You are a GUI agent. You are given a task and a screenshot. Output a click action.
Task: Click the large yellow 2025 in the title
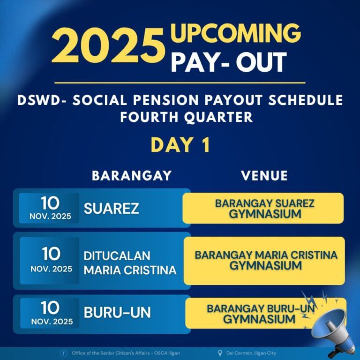pos(107,48)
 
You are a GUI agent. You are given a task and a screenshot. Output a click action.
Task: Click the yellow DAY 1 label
pos(180,145)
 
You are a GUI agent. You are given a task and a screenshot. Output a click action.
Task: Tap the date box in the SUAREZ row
pos(49,208)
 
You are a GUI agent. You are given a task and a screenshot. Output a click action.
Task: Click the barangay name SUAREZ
pos(111,209)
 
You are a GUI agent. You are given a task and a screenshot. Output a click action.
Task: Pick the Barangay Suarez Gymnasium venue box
pos(263,208)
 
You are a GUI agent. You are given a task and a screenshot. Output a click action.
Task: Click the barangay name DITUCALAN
pos(117,256)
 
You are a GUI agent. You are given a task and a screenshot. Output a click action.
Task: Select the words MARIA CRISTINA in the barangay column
pos(130,270)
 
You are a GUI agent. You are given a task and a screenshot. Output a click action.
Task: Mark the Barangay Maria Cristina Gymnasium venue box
pos(264,261)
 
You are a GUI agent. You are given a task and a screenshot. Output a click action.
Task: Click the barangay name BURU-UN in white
pos(117,312)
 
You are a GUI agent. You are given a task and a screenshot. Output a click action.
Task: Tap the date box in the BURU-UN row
pos(49,313)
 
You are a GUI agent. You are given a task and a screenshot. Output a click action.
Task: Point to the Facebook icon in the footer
pos(63,353)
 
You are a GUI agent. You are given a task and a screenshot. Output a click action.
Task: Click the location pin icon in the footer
pos(220,353)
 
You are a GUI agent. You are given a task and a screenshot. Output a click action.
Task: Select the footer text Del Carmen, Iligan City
pos(250,353)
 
